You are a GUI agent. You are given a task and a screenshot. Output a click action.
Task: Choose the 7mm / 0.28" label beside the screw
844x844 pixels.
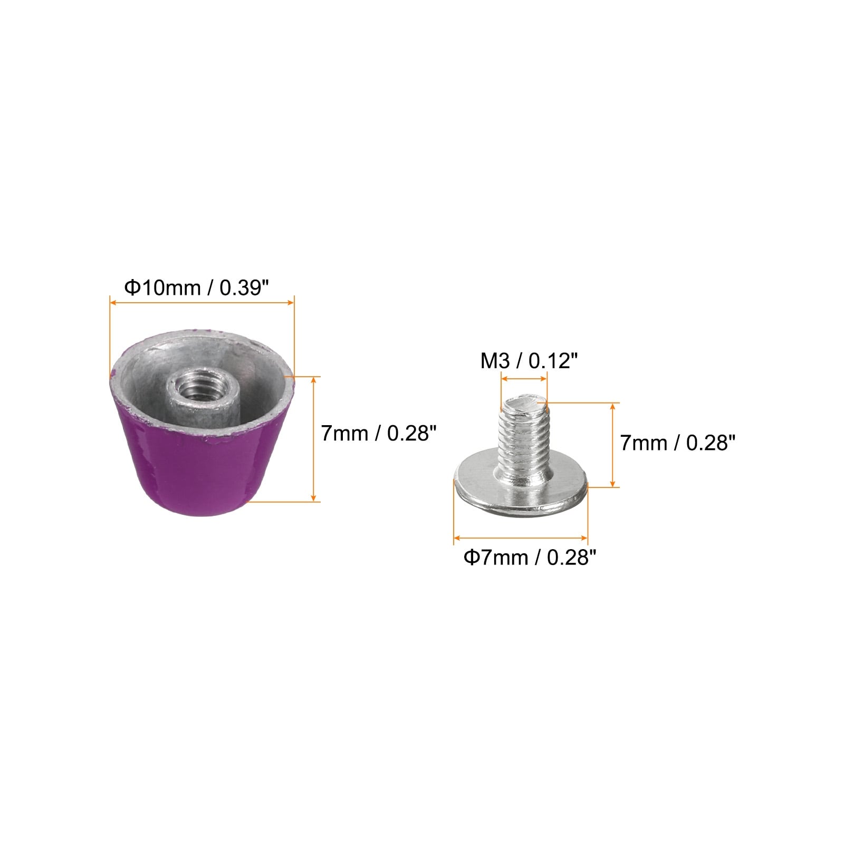pyautogui.click(x=677, y=443)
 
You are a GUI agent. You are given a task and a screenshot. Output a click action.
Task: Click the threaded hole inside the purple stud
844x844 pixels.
pyautogui.click(x=194, y=389)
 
